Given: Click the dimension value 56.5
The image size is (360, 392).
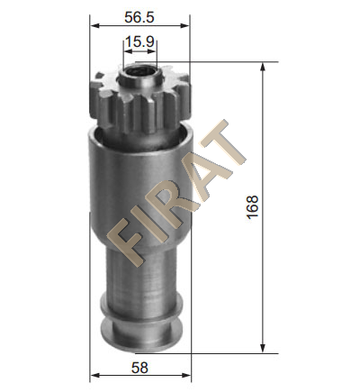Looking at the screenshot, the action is click(x=139, y=17).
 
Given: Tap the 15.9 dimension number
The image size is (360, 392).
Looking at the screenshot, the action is click(x=139, y=41).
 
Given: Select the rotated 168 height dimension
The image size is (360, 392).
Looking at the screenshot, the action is click(x=253, y=207).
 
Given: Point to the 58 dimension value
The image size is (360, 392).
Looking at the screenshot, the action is click(x=139, y=368).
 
